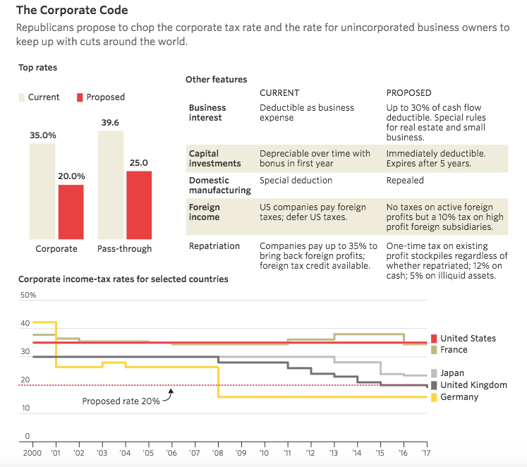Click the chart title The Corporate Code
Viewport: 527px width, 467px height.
coord(72,11)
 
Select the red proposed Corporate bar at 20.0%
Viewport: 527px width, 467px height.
coord(71,212)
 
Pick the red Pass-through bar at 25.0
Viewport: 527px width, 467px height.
coord(139,205)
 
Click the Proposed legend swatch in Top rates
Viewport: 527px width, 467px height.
coord(80,97)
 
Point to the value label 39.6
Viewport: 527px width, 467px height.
coord(110,123)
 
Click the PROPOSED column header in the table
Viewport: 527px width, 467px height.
coord(408,92)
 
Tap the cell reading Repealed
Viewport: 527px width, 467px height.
coord(405,181)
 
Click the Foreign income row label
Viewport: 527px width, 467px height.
coord(205,212)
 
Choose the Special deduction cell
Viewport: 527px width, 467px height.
coord(296,181)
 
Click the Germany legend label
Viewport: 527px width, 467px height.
coord(459,397)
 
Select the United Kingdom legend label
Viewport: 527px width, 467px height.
coord(473,385)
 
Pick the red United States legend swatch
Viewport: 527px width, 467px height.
coord(434,339)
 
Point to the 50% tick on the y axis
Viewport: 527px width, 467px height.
coord(28,294)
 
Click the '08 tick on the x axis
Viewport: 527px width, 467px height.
coord(218,452)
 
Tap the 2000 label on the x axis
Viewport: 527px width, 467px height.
coord(32,452)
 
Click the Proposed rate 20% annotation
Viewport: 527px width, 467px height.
coord(121,401)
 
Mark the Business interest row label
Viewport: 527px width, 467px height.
coord(207,113)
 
